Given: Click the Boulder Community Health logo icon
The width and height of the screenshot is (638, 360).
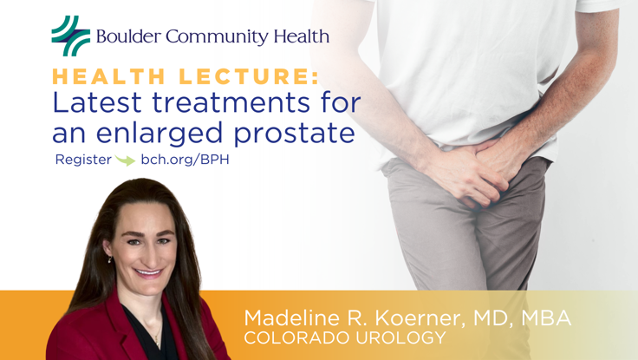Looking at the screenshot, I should click(x=70, y=36).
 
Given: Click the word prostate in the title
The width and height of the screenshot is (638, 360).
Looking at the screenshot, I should click(x=299, y=134).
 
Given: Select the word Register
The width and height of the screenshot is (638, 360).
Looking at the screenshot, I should click(x=83, y=160).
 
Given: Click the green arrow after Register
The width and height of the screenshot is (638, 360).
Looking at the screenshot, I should click(x=126, y=161).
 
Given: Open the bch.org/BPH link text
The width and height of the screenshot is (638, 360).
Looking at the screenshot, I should click(x=185, y=160).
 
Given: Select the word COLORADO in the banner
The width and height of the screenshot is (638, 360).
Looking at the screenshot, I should click(x=286, y=337).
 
